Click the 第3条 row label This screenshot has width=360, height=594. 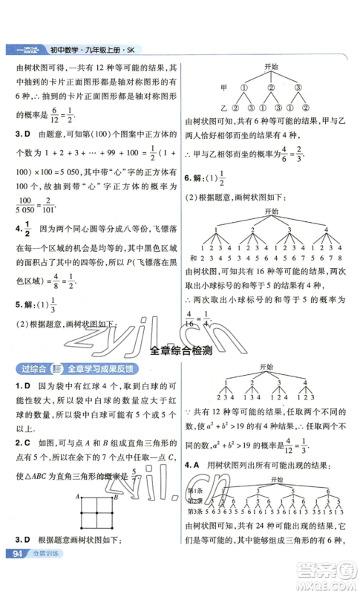[x=197, y=512]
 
